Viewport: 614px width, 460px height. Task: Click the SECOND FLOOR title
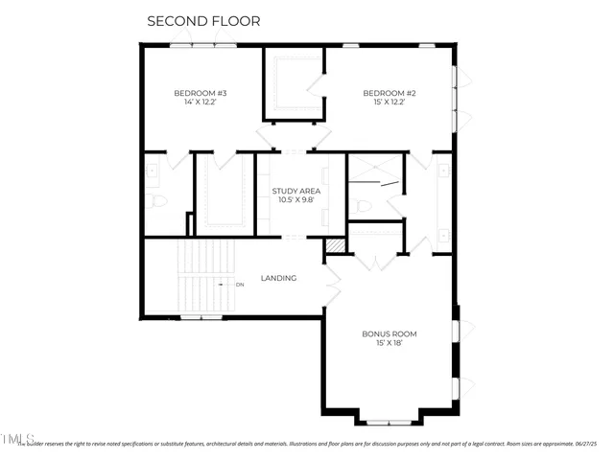coord(202,20)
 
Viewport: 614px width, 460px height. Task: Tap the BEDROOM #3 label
coord(200,93)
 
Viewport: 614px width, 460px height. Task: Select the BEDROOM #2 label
coord(389,93)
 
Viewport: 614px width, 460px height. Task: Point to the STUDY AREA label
coord(295,192)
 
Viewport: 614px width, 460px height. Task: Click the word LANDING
coord(279,279)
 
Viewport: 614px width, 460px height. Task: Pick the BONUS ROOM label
coord(389,333)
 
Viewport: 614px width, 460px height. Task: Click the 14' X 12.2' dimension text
coord(200,103)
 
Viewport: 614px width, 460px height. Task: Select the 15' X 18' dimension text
coord(389,343)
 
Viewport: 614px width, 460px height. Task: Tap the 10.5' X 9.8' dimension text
coord(295,201)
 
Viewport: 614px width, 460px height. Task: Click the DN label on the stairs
coord(239,285)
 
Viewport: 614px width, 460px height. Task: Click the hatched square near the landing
coord(334,246)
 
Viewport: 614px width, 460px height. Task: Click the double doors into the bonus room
coord(333,284)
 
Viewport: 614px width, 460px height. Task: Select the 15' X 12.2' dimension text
coord(389,103)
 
